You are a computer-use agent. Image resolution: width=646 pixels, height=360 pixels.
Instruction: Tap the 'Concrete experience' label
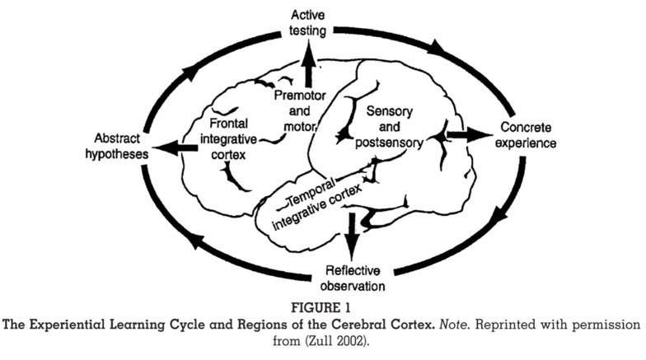[x=531, y=136]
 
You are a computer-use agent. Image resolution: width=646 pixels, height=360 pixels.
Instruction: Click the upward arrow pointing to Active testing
[x=311, y=67]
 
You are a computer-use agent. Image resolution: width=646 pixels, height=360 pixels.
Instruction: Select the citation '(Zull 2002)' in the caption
[x=347, y=339]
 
